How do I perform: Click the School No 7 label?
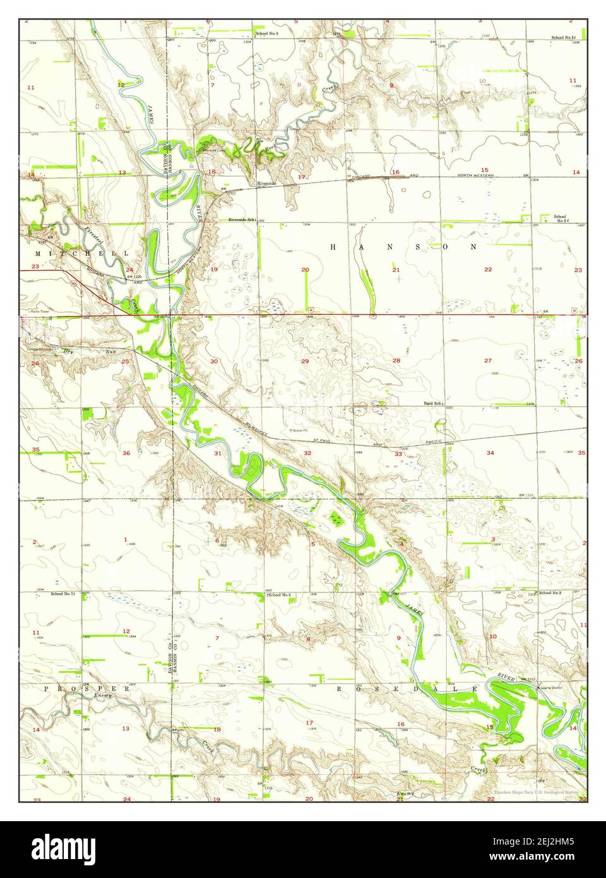coord(64,594)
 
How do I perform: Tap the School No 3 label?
coord(550,593)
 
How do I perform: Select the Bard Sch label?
coord(433,402)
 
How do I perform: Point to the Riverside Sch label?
coord(241,220)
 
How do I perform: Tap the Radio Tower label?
coord(34,311)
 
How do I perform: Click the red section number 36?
coord(126,453)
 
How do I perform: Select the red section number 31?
coord(218,453)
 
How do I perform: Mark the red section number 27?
coord(488,361)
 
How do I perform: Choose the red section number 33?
coord(398,454)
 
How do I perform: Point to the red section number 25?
coord(125,361)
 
